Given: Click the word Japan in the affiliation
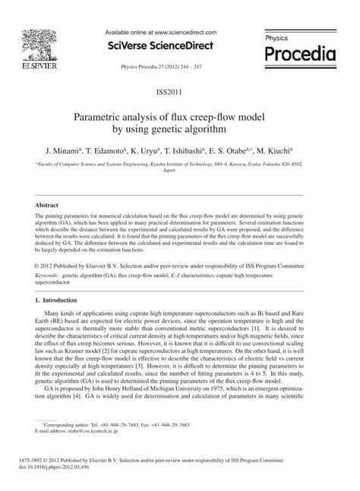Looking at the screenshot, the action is point(179,172).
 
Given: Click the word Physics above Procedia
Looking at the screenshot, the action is point(278,36).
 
